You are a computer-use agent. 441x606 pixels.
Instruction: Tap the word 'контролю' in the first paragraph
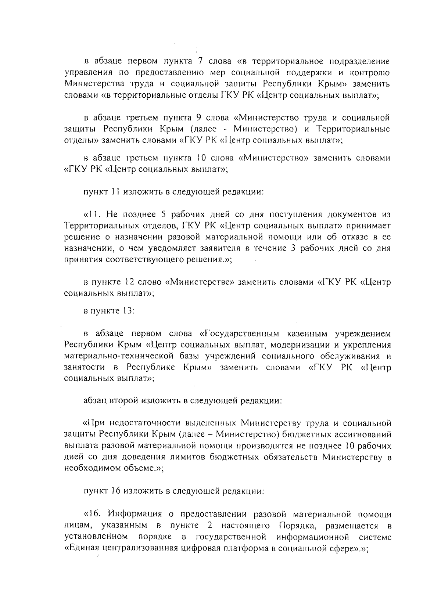tap(371, 72)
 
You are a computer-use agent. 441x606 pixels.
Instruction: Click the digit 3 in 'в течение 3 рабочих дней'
tap(293, 248)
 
